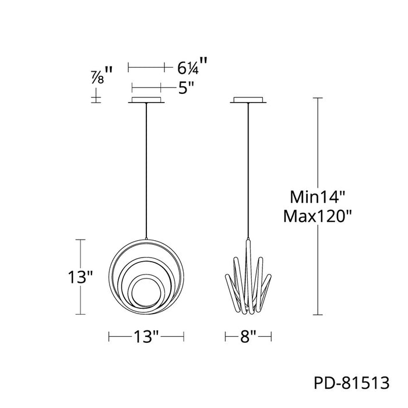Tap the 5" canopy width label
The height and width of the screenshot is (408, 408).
pyautogui.click(x=187, y=88)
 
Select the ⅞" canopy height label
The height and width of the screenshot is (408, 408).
pyautogui.click(x=102, y=75)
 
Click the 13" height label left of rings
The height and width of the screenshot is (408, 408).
pyautogui.click(x=80, y=277)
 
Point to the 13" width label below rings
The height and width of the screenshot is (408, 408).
pyautogui.click(x=146, y=336)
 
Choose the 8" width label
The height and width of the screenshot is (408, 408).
pyautogui.click(x=248, y=336)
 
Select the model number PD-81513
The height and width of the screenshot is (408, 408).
pyautogui.click(x=352, y=383)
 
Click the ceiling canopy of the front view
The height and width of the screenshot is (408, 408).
pyautogui.click(x=146, y=100)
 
